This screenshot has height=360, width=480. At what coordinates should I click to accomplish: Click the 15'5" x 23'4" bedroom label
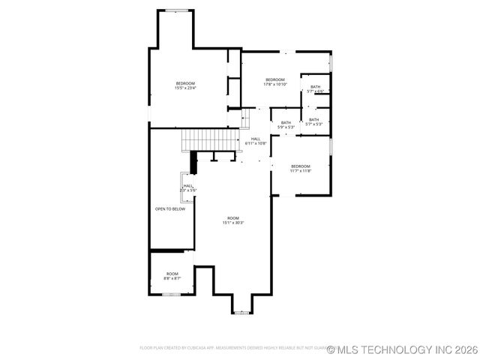[185, 85]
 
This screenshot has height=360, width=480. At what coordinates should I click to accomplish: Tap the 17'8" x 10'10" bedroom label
[274, 82]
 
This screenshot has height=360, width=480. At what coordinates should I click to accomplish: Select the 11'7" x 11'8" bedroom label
[300, 168]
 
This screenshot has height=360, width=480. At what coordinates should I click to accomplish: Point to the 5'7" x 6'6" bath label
[315, 89]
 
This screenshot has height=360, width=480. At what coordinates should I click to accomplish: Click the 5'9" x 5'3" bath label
[286, 124]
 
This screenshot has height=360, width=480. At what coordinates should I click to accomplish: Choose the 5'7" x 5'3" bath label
[313, 121]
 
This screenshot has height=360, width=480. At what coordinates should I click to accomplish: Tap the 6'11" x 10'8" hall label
[256, 140]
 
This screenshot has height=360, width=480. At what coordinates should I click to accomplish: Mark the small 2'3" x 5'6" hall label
[187, 188]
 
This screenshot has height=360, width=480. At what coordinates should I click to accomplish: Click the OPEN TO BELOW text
[170, 209]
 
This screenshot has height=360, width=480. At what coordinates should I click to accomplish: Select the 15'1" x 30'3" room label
[233, 220]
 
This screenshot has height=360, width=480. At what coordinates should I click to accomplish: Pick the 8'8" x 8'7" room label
[172, 276]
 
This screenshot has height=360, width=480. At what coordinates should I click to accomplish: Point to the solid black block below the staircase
[194, 162]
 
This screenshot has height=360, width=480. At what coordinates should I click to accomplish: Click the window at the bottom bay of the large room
[241, 313]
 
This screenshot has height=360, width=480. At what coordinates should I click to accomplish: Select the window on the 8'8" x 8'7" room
[172, 295]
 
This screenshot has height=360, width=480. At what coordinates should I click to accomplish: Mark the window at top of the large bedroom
[177, 10]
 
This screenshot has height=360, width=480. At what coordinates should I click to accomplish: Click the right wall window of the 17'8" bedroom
[330, 61]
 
